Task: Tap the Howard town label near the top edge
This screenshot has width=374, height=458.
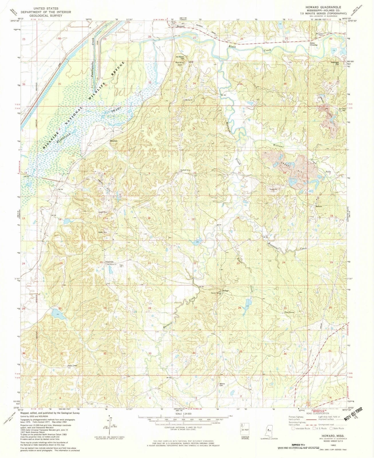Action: [180, 26]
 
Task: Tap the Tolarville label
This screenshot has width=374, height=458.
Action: [109, 262]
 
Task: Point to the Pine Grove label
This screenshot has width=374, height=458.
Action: [289, 312]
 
